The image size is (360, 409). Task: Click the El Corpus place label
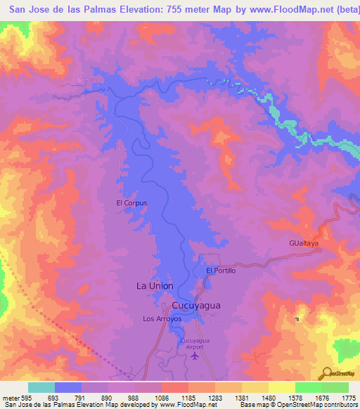point(131,203)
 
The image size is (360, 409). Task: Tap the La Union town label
point(154,286)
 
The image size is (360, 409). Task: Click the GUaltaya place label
point(304,242)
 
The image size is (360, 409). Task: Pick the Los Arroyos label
point(162,318)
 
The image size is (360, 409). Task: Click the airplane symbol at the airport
point(195,355)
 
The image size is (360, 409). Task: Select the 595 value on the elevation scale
point(27,398)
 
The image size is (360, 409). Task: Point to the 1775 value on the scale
point(349,398)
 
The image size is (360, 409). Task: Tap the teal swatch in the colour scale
point(41,387)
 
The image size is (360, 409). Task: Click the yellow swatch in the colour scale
point(281,387)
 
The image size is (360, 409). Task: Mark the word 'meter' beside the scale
point(10,398)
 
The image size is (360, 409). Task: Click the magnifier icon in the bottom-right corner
point(327,372)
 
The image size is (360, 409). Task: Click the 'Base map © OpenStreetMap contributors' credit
point(298,405)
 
